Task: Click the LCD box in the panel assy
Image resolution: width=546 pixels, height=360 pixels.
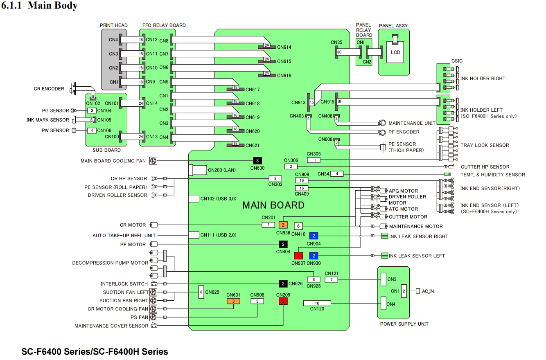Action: tap(395, 53)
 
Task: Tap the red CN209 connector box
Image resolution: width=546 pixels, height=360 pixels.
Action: tap(283, 301)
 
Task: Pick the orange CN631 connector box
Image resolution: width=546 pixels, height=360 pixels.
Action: tap(233, 301)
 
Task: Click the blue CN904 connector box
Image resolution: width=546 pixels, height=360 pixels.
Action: tap(314, 236)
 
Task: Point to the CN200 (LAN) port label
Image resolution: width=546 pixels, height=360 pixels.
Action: tap(221, 170)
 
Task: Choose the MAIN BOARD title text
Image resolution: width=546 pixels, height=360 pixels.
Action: tap(273, 205)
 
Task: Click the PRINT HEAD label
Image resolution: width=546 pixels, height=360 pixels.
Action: tap(113, 25)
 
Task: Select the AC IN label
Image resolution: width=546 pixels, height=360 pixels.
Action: tap(428, 291)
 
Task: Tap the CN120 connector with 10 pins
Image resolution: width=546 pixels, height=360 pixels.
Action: tap(317, 303)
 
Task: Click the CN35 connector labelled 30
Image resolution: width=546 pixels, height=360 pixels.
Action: tap(339, 52)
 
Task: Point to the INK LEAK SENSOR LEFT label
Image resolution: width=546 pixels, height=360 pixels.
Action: tap(417, 256)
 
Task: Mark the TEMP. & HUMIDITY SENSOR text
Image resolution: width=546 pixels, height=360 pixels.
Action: tap(493, 175)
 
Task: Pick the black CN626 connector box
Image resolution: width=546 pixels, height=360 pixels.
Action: tap(283, 283)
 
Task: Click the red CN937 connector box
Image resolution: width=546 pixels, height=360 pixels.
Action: tap(298, 256)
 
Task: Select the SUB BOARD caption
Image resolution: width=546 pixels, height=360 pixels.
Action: tap(106, 150)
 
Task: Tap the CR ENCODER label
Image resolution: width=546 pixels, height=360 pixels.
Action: tap(49, 89)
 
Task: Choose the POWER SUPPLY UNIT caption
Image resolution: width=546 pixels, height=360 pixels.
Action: tap(404, 324)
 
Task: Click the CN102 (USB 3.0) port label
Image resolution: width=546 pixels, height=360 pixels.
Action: tap(218, 198)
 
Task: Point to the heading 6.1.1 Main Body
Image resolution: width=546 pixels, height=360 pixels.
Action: tap(40, 6)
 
